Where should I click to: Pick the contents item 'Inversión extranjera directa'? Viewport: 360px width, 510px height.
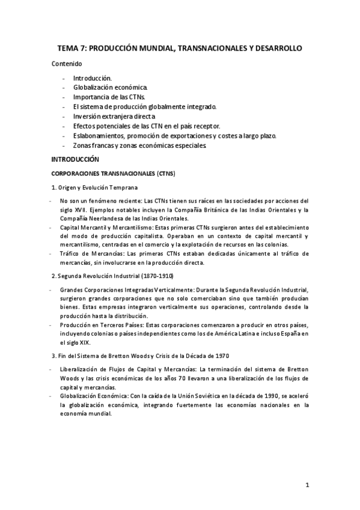(x=114, y=116)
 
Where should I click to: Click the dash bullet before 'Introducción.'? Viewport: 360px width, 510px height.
(x=64, y=79)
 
